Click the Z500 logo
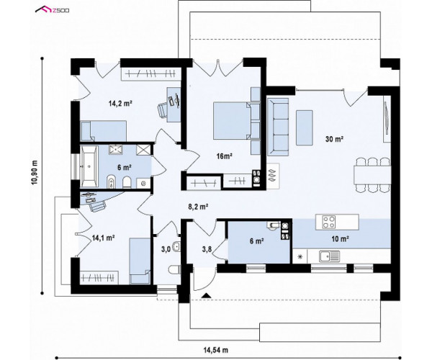tap(52, 10)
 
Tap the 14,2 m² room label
tap(120, 104)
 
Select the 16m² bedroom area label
tap(224, 156)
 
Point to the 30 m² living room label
tap(334, 139)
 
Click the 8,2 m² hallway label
tap(198, 207)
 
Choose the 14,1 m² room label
tap(103, 238)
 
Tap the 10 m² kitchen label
tap(341, 239)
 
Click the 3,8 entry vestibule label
tap(207, 250)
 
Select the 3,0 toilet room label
tap(166, 250)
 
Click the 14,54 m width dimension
tap(216, 350)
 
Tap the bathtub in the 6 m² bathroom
tap(89, 166)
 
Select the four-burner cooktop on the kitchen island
tap(329, 222)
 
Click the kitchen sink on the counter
tap(330, 256)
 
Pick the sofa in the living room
tap(277, 127)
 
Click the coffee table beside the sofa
tap(304, 127)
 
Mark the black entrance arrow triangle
tap(206, 295)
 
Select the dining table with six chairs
tap(372, 174)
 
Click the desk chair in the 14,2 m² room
tap(163, 109)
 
